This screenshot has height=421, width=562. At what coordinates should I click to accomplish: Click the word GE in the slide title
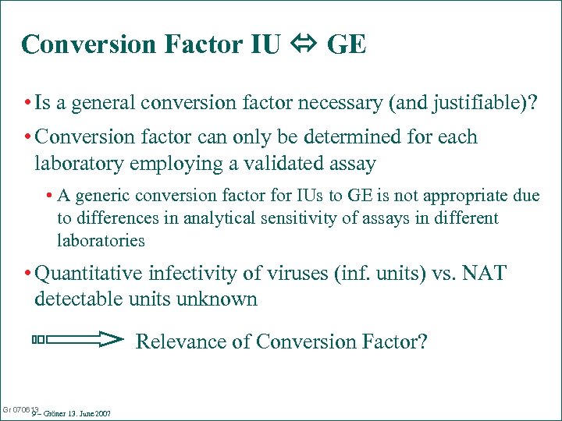[346, 44]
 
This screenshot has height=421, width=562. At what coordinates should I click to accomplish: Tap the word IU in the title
[265, 44]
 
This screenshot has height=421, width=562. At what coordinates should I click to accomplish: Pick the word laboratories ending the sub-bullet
[101, 241]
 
